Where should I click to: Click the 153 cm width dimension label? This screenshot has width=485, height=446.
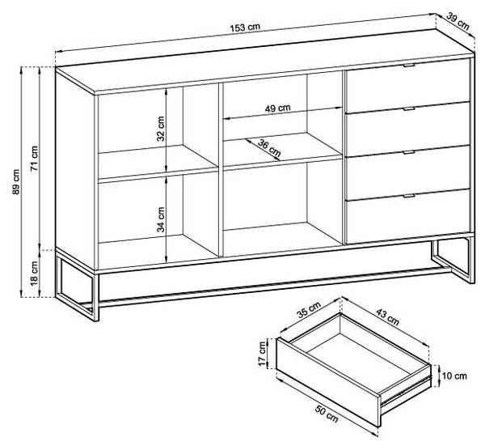[245, 28]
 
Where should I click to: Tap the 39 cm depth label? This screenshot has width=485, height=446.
[458, 21]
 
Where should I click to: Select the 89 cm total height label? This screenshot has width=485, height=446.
[16, 182]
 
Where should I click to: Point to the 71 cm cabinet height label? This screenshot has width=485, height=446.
[34, 159]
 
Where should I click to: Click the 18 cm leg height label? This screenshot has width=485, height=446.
[34, 273]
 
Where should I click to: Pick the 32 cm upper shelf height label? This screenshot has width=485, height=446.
[161, 129]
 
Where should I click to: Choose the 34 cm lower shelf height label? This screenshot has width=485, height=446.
[161, 219]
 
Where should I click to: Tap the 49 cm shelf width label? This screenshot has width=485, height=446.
[278, 108]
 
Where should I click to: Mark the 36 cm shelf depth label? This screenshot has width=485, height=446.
[269, 148]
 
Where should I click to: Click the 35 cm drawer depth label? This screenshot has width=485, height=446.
[309, 310]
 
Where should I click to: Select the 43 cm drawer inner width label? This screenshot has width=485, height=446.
[387, 316]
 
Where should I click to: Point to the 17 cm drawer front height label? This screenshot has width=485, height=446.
[263, 354]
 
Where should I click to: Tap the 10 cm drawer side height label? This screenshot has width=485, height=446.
[454, 376]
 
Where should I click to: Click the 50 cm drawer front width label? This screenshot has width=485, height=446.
[327, 414]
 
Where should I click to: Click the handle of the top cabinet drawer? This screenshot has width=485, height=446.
[409, 65]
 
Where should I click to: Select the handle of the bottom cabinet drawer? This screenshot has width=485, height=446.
[409, 196]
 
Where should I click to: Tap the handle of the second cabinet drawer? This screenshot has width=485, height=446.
[409, 108]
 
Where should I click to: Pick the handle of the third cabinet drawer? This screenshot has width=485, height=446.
[409, 152]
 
